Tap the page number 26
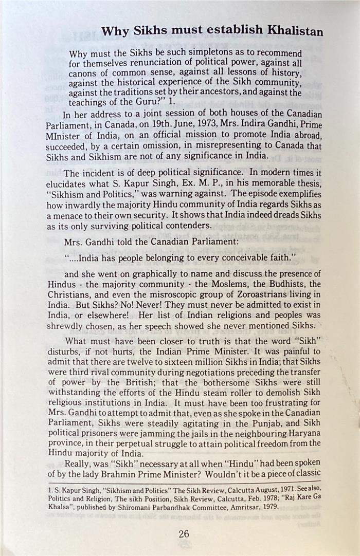point(184,533)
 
